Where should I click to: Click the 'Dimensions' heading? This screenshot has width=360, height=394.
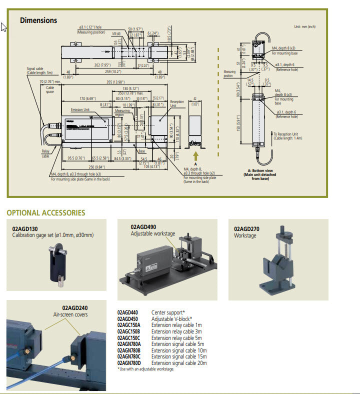pyautogui.click(x=38, y=20)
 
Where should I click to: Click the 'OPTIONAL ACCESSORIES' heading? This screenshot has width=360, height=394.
pyautogui.click(x=45, y=212)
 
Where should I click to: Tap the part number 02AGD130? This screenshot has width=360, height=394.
pyautogui.click(x=26, y=229)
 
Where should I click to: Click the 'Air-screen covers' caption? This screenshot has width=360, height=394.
pyautogui.click(x=70, y=314)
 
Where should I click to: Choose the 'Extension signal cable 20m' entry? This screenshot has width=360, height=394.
pyautogui.click(x=179, y=363)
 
